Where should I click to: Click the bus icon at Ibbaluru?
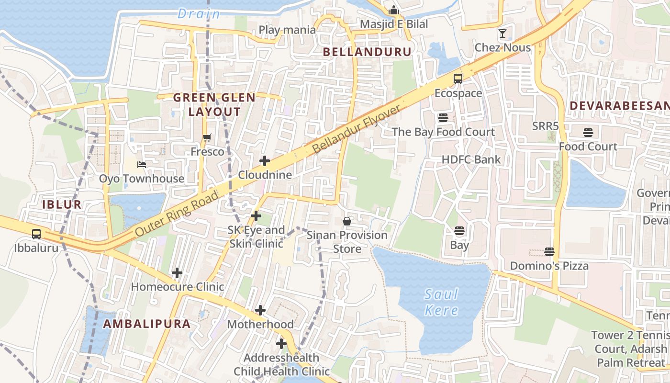tap(36, 234)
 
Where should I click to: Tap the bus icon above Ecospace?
tap(458, 79)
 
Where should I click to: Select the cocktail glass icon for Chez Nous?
tap(502, 34)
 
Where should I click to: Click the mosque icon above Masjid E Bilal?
tap(394, 10)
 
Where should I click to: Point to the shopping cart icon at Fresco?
tap(207, 138)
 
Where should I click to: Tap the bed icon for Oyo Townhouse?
tap(142, 165)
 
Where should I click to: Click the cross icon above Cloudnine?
tap(265, 161)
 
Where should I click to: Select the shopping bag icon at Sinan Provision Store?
tap(347, 221)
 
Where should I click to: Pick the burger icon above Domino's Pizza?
tap(549, 252)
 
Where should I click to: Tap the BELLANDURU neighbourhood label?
tap(367, 52)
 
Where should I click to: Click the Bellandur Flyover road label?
tap(357, 129)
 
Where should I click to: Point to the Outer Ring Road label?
tap(177, 214)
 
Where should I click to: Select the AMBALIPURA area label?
tap(147, 324)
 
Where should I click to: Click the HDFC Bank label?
tap(471, 159)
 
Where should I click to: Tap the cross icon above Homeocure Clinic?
tap(177, 273)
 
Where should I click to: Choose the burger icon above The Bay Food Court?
tap(443, 118)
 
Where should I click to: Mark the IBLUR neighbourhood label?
tap(62, 204)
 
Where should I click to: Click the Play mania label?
tap(287, 30)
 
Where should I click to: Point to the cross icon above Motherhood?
tap(260, 310)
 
